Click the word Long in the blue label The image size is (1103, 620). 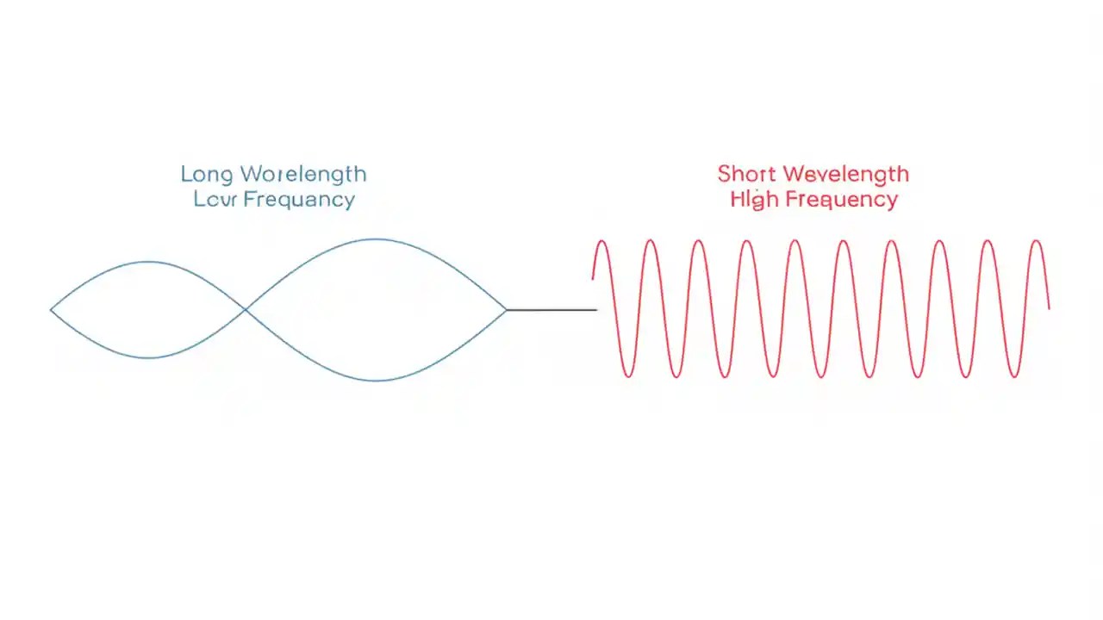(208, 175)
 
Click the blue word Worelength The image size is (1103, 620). (303, 174)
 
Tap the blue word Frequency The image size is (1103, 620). (299, 200)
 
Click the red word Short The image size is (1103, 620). (747, 174)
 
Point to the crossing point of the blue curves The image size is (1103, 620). (246, 308)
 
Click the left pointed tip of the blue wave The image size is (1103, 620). (52, 309)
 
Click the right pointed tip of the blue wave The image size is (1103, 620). (506, 309)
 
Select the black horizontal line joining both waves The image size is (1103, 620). (551, 309)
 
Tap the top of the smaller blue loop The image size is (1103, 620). (149, 262)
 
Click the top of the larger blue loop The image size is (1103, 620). (376, 239)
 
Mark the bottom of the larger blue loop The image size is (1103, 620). (376, 380)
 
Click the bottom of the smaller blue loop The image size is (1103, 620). (149, 357)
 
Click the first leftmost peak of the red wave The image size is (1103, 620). (602, 242)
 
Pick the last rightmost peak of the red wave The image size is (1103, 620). (1038, 242)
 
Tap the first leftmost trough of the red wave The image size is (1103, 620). (627, 376)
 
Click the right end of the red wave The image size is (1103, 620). (1049, 307)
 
